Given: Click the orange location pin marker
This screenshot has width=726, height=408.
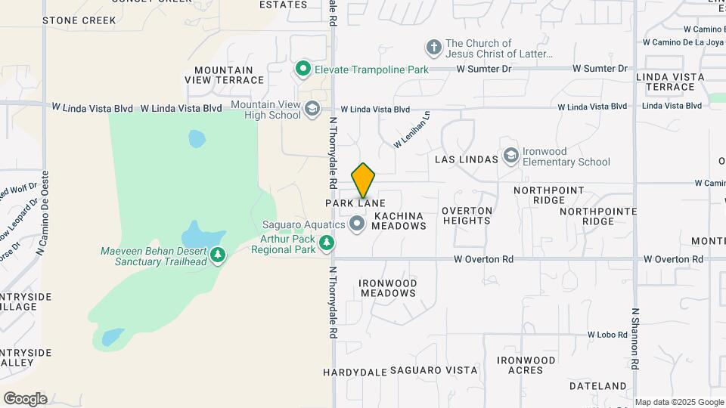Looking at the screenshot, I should click(x=364, y=181).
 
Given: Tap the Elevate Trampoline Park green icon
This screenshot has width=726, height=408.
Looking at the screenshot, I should click(x=303, y=70).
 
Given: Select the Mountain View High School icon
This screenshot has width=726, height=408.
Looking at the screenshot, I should click(x=312, y=110).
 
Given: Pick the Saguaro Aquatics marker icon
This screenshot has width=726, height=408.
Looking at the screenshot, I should click(x=356, y=224).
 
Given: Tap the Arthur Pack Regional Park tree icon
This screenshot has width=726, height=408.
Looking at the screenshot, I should click(x=327, y=243).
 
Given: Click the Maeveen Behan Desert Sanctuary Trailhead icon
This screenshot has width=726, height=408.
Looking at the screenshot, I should click(x=218, y=255).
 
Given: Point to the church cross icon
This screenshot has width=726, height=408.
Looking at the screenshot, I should click(x=434, y=48).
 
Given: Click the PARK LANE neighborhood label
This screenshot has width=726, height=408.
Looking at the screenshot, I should click(x=355, y=203).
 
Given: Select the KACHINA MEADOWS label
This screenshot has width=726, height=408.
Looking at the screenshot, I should click(x=399, y=221).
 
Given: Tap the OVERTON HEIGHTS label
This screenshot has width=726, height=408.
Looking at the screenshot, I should click(x=467, y=215).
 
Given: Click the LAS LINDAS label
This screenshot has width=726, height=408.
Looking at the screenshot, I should click(x=467, y=159).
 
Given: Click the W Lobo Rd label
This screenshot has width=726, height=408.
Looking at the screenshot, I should click(x=607, y=334).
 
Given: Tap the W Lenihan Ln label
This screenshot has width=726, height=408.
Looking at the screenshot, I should click(x=411, y=130).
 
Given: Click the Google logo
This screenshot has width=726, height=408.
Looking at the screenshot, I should click(x=25, y=398).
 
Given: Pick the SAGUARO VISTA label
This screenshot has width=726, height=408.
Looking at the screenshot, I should click(x=433, y=371).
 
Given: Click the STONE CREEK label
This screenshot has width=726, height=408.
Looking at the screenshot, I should click(x=79, y=20).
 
